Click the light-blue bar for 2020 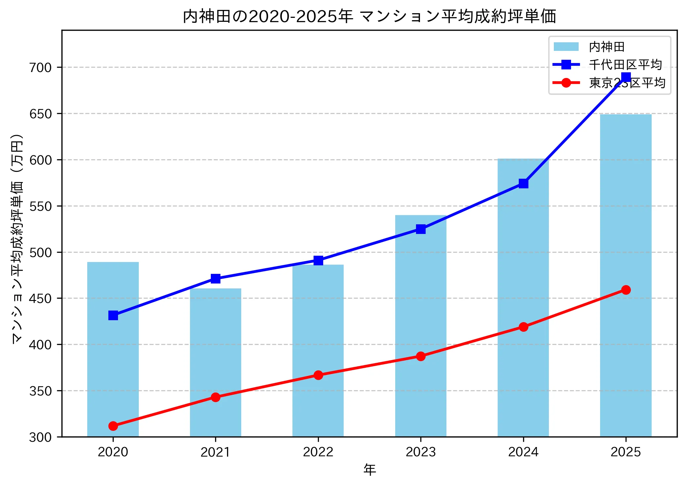(x=113, y=363)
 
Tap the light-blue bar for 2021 (x=215, y=363)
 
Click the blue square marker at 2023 (x=421, y=229)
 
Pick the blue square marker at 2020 (x=113, y=316)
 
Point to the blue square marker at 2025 (x=626, y=77)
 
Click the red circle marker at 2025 (x=626, y=290)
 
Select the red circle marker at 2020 (x=113, y=426)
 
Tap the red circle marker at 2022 (x=318, y=375)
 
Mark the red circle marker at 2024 (x=523, y=327)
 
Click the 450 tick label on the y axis (x=40, y=298)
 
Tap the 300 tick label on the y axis (x=40, y=437)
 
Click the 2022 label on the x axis (x=318, y=452)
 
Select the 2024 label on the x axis (x=523, y=452)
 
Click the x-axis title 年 (x=369, y=469)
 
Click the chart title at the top (x=369, y=16)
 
